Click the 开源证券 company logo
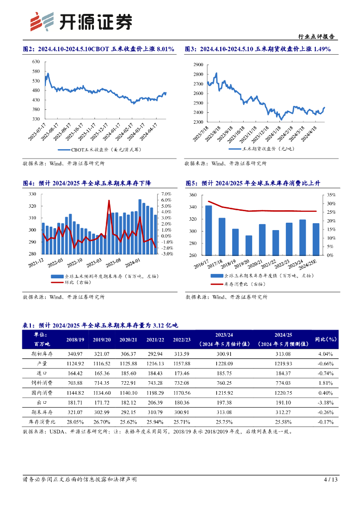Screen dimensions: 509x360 pyautogui.click(x=82, y=21)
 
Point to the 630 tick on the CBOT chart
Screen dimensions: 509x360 pyautogui.click(x=35, y=62)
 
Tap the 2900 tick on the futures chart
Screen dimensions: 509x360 pyautogui.click(x=197, y=65)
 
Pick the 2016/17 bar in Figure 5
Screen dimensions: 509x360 pyautogui.click(x=208, y=230)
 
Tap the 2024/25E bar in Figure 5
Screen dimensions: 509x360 pyautogui.click(x=316, y=239)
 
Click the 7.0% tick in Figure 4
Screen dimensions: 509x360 pyautogui.click(x=166, y=194)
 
